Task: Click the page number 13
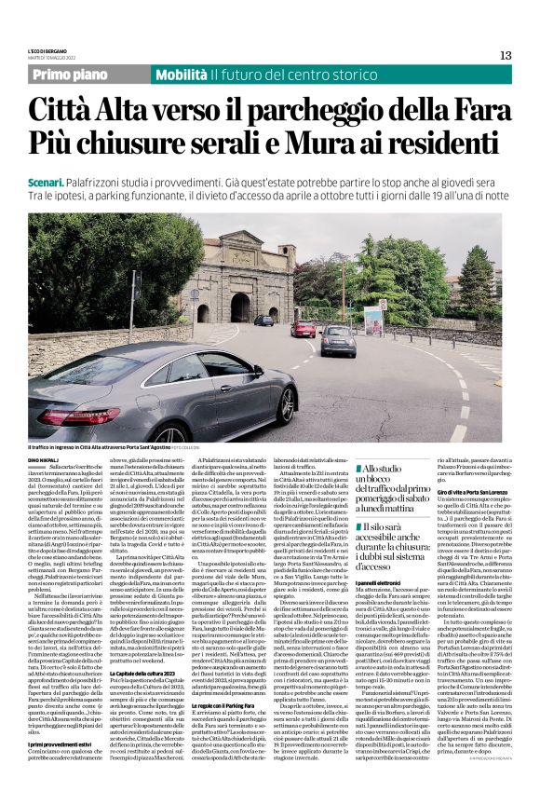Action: click(506, 55)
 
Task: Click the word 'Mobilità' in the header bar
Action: click(181, 74)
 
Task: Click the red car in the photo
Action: click(303, 329)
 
